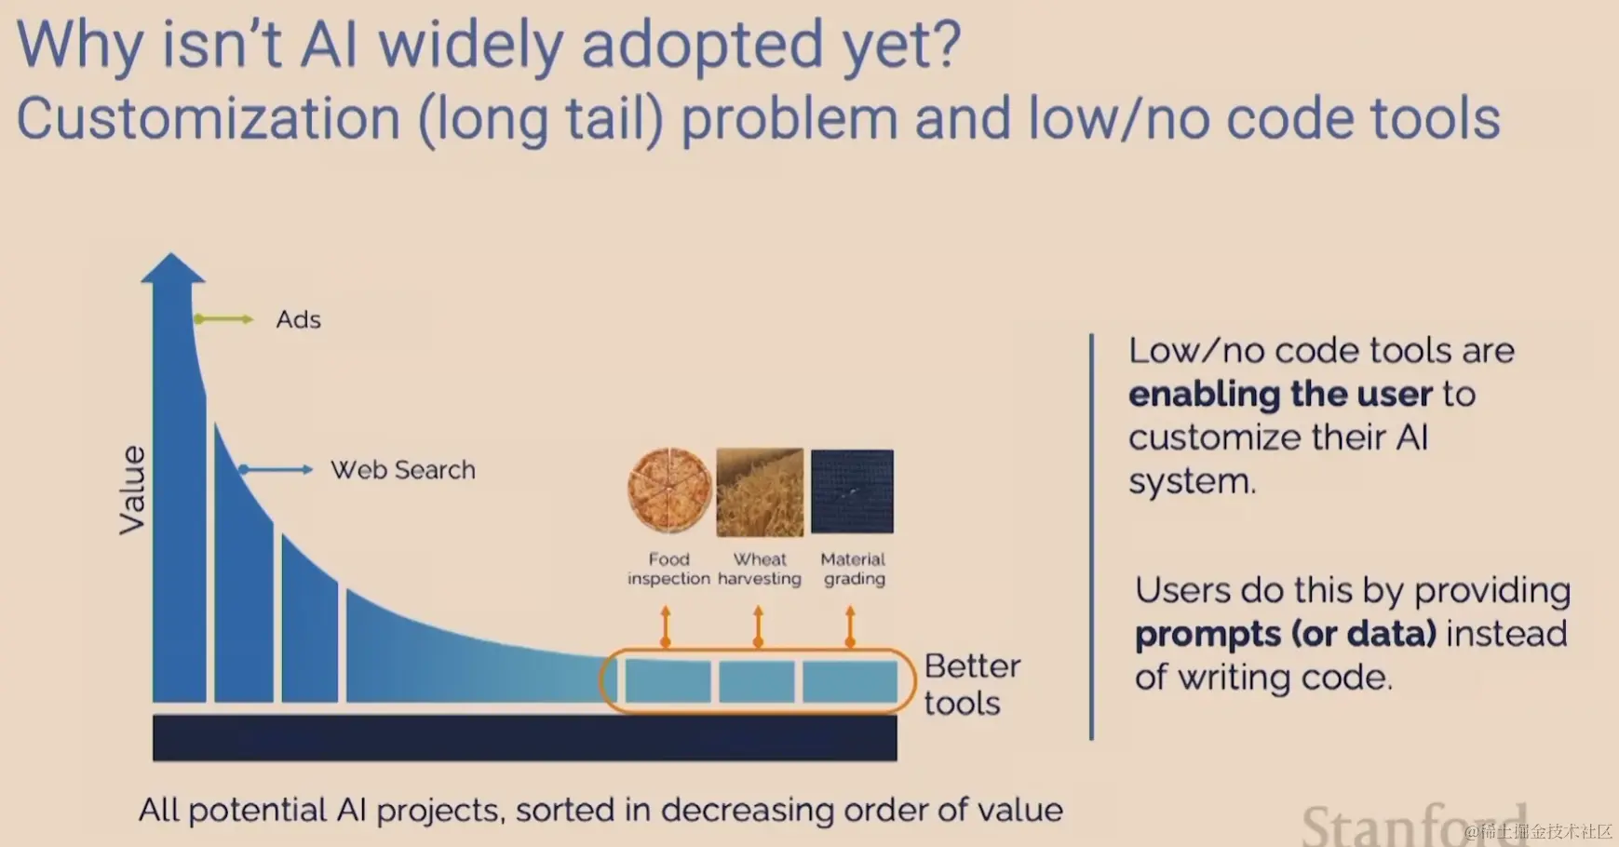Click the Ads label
click(298, 319)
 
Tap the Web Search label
click(403, 470)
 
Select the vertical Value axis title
click(132, 490)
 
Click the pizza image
click(669, 491)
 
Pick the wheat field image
click(760, 492)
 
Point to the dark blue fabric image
click(852, 491)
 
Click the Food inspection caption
click(668, 569)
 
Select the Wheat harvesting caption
click(760, 569)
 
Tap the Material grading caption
click(854, 569)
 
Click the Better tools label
click(972, 684)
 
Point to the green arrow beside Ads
click(223, 319)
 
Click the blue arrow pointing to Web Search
click(276, 470)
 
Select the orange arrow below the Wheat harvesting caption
click(758, 626)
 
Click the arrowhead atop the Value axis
click(172, 268)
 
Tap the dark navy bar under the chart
click(525, 738)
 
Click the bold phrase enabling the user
click(1280, 395)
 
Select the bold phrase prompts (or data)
click(1286, 634)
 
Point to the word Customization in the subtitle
click(209, 119)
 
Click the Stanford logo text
click(1413, 824)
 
